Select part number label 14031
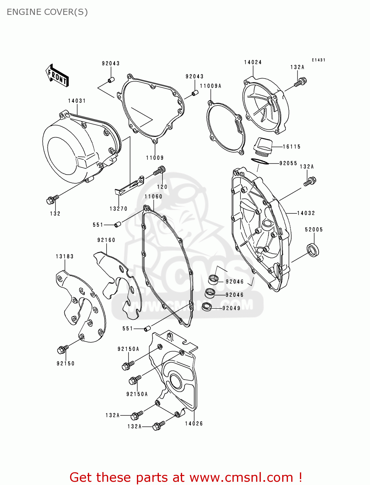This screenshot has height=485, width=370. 77,101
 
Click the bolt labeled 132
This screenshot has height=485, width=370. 52,199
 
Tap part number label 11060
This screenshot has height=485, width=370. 153,197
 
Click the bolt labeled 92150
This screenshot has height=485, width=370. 62,349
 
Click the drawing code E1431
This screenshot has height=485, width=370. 318,60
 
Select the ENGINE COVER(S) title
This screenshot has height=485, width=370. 47,12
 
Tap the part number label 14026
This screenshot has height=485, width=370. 194,424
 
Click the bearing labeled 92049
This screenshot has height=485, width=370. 206,307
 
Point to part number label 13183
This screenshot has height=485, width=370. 65,256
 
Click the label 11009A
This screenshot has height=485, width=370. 211,86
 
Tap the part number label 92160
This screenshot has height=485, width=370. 106,240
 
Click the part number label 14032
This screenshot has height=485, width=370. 306,213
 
